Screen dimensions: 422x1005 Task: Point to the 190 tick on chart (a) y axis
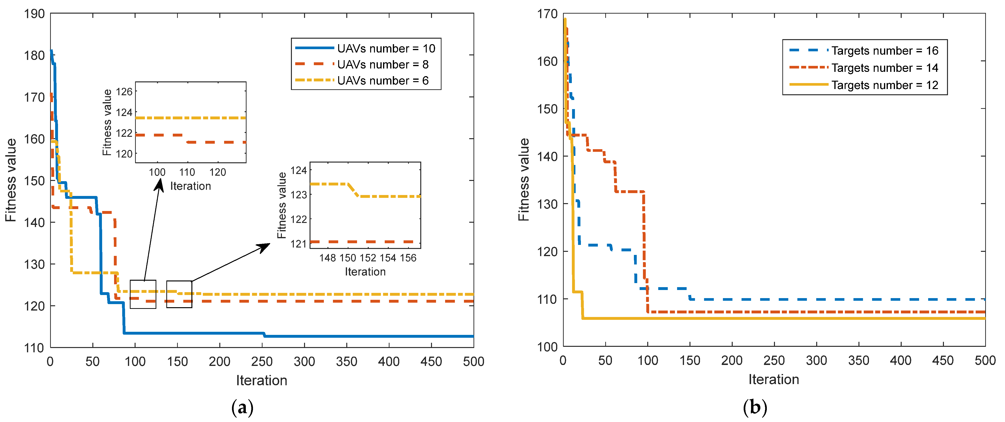(34, 14)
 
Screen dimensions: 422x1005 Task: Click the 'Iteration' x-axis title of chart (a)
(261, 380)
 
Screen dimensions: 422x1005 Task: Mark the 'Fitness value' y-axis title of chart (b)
(524, 179)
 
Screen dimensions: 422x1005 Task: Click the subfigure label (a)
(242, 408)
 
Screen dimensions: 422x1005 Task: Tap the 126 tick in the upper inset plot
(124, 92)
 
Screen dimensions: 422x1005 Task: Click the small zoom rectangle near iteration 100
(143, 294)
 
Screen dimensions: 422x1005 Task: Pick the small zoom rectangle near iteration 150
(179, 294)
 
